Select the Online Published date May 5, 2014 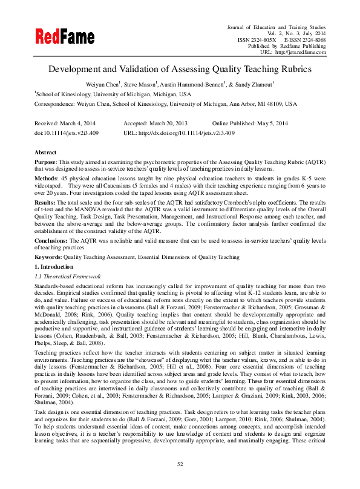point(277,123)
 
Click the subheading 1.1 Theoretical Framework point(67,276)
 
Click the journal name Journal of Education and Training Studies point(276,28)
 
